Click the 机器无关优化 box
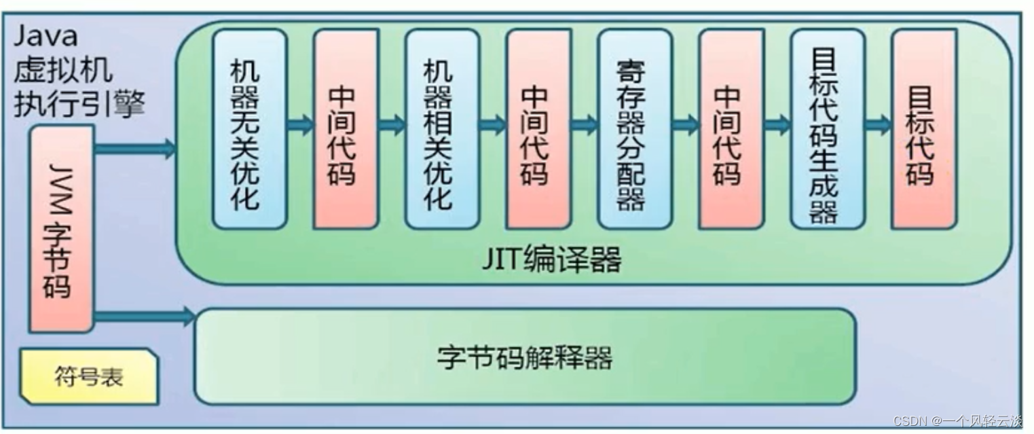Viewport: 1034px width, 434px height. (248, 129)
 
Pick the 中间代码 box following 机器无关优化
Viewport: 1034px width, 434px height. (345, 129)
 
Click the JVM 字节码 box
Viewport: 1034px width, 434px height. (61, 229)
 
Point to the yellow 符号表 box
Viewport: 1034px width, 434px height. (88, 376)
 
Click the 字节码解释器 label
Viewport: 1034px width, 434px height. (524, 357)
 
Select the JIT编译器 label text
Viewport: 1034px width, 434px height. (551, 259)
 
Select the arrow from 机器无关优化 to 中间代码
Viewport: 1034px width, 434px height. (299, 125)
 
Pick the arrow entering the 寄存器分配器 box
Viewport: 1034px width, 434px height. (584, 125)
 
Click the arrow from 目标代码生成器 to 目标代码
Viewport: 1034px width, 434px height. (878, 125)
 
